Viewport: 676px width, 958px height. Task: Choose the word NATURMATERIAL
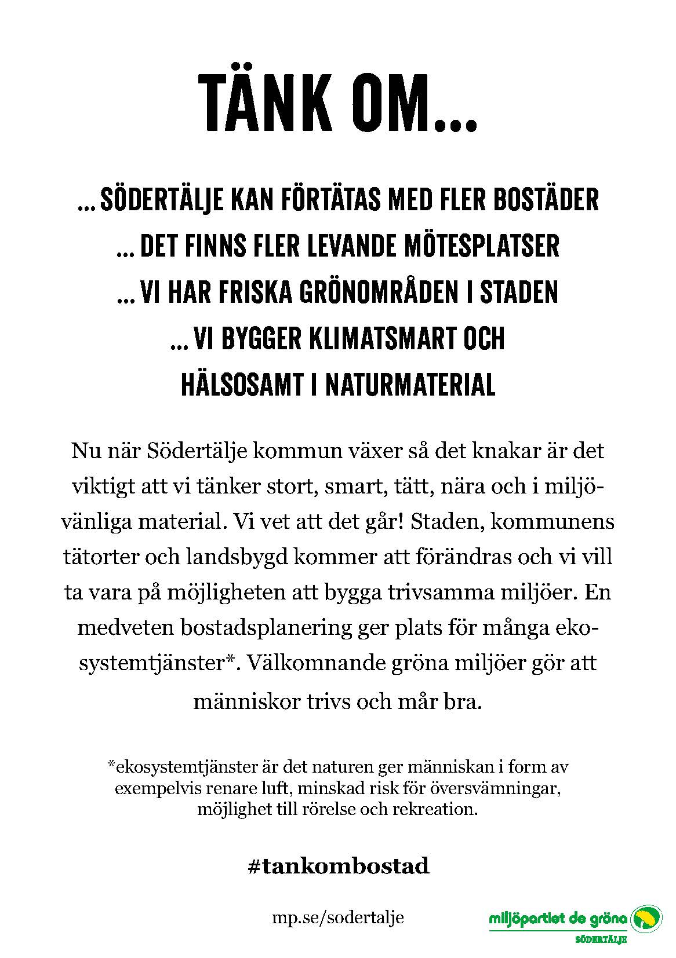click(x=410, y=385)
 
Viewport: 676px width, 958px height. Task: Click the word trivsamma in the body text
click(x=448, y=593)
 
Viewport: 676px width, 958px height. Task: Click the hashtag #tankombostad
click(x=338, y=866)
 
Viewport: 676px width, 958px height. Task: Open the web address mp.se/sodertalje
click(x=338, y=917)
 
